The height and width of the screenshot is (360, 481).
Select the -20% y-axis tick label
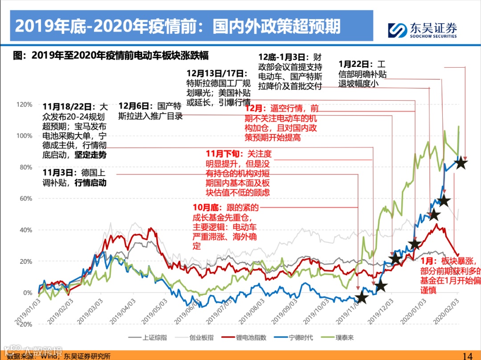(25, 324)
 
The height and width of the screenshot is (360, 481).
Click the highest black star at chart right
(461, 163)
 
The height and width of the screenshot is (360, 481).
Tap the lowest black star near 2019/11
(362, 298)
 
